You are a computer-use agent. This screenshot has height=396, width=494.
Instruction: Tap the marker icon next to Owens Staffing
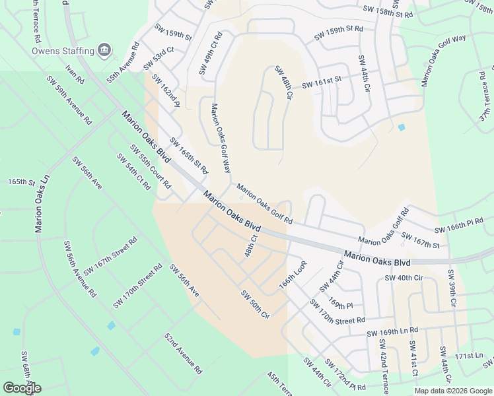pos(104,50)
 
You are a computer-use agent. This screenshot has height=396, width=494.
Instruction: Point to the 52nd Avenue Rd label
pos(183,354)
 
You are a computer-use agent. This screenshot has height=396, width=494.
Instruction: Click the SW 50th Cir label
pos(256,304)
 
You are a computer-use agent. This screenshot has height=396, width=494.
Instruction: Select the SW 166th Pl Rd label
pos(459,225)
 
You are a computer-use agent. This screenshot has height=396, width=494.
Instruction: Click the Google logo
pos(22,388)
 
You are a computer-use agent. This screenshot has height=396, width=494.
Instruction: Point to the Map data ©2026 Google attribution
pos(452,391)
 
